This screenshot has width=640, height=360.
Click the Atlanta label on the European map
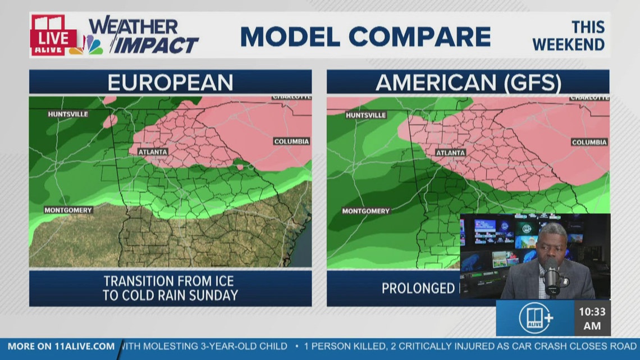152,152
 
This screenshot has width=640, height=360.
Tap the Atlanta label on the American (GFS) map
451,153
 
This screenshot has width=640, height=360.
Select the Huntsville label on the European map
68,114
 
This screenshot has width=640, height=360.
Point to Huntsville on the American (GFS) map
366,115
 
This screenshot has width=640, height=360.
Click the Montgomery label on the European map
68,210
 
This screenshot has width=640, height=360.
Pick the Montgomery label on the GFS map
365,211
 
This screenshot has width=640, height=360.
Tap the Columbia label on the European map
292,142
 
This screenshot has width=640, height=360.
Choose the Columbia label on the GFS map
589,143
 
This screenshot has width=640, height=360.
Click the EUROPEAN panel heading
170,83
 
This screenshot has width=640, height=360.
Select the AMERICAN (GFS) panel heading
468,83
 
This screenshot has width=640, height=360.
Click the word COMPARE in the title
419,37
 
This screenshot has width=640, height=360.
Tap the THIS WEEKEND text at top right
569,36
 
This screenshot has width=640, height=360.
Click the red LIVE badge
53,39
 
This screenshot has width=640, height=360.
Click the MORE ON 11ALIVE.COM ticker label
61,347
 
